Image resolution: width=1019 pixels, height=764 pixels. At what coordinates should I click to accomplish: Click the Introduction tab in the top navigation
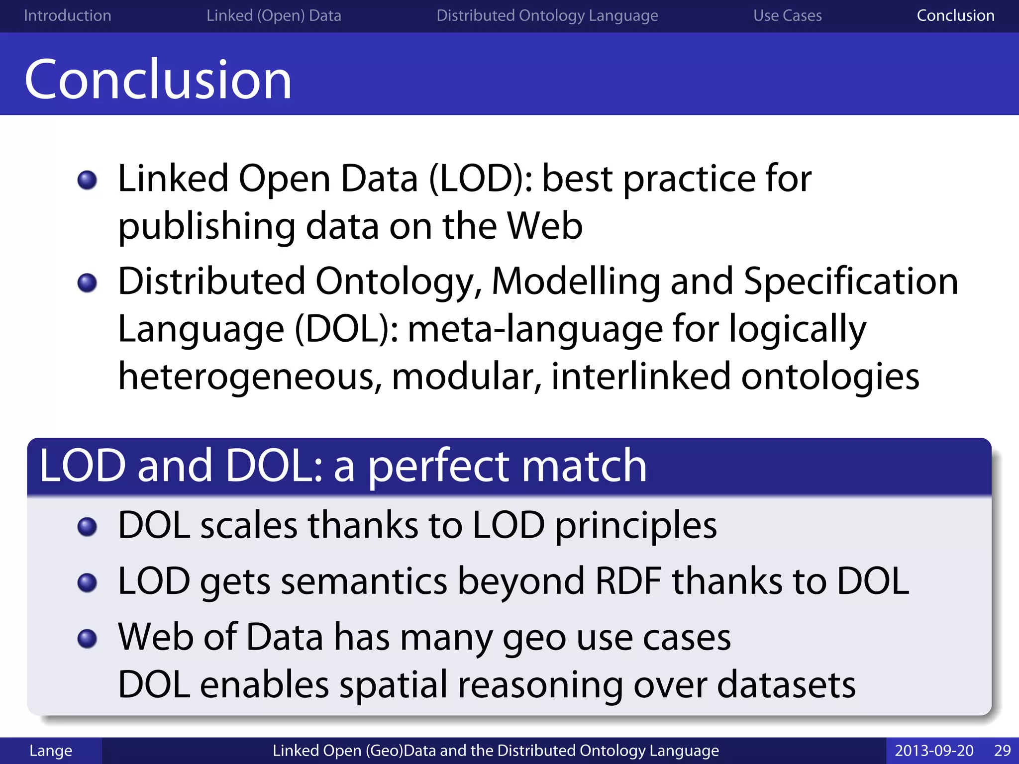(67, 15)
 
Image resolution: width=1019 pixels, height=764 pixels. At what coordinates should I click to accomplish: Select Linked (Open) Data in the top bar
(274, 15)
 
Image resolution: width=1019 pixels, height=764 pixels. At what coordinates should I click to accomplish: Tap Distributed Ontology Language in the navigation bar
(547, 15)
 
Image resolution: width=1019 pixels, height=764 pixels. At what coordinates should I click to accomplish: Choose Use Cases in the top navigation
(787, 15)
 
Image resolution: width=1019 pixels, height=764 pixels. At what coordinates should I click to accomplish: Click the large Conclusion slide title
(158, 80)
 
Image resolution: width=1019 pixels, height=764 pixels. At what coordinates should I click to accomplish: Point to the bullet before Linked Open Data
(87, 180)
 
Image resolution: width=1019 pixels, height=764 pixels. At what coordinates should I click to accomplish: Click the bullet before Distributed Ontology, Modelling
(87, 283)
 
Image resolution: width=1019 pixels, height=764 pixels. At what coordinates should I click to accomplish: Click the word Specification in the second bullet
(850, 282)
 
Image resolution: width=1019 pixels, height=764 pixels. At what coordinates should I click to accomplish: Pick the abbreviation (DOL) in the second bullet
(346, 330)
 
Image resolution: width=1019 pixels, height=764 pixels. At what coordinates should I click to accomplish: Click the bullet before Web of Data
(87, 638)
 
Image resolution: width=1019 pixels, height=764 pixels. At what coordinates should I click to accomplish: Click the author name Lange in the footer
(51, 751)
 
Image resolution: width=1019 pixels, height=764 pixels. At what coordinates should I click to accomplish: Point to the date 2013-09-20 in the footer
(934, 751)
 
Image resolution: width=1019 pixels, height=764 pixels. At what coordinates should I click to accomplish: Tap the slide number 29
(1002, 751)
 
